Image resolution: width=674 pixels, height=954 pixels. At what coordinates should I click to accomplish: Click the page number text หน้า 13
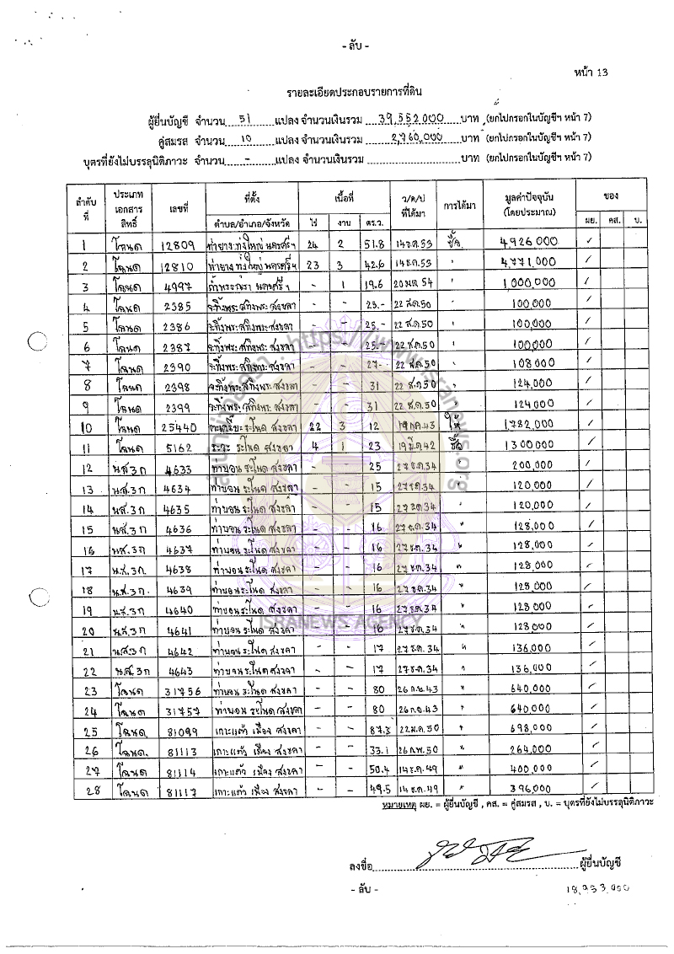pyautogui.click(x=590, y=72)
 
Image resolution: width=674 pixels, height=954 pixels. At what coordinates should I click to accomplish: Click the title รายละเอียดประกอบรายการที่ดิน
pyautogui.click(x=353, y=92)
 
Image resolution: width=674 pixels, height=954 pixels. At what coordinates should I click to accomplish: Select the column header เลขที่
pyautogui.click(x=177, y=206)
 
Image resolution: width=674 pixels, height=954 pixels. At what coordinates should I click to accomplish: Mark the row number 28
pyautogui.click(x=86, y=789)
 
